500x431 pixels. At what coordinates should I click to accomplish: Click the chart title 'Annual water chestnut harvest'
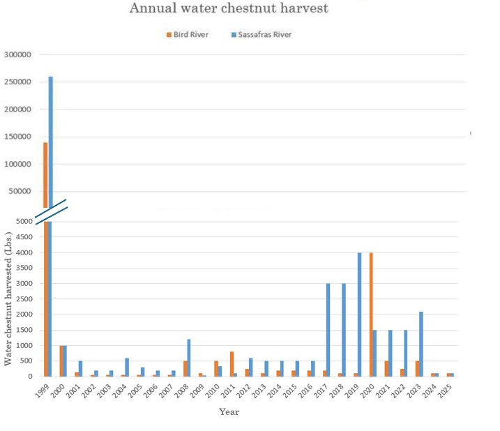pos(229,9)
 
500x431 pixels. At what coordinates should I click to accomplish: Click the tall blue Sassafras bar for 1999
pos(51,139)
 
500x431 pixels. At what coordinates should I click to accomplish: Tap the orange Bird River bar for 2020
pos(372,315)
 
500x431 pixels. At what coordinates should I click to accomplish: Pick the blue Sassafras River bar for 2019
pos(360,315)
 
